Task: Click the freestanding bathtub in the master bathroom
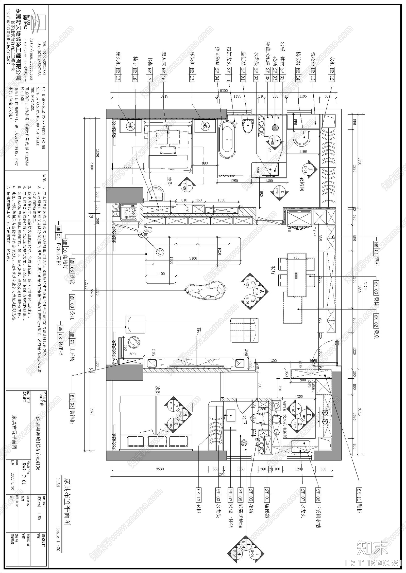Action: point(227,139)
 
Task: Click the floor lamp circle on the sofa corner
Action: point(160,252)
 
